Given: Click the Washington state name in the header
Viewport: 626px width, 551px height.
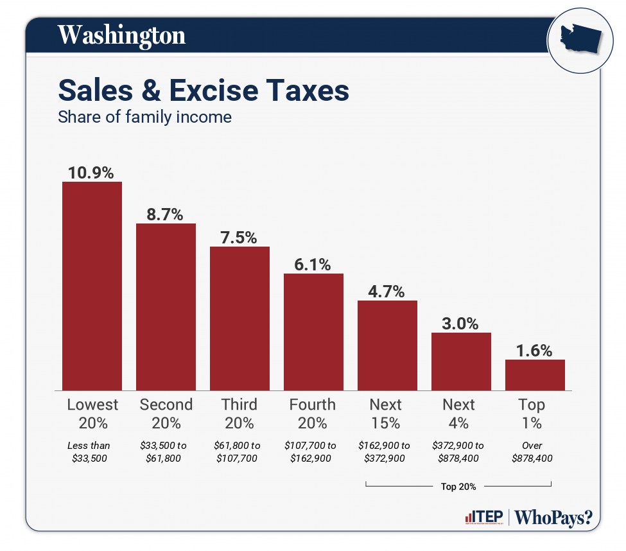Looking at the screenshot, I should (121, 35).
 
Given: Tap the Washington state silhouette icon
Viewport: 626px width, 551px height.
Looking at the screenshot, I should (579, 40).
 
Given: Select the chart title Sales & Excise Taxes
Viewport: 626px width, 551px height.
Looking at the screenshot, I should (204, 91).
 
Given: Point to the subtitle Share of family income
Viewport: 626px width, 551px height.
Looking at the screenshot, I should (144, 118).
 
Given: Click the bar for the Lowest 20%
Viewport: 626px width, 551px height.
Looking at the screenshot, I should (92, 286).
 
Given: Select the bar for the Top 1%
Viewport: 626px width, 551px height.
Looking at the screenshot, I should (535, 374).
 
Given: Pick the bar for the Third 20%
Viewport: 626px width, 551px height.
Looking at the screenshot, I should (239, 318).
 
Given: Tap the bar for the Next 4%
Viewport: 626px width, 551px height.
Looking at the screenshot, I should (461, 361).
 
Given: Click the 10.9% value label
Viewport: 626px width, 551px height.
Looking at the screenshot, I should (92, 172).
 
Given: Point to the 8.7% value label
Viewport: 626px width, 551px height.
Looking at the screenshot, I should (166, 214).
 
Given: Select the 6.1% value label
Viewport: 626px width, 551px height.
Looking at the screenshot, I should (313, 264).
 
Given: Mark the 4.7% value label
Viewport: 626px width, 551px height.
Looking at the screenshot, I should (387, 291).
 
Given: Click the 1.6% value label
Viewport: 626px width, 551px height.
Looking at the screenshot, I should (535, 350).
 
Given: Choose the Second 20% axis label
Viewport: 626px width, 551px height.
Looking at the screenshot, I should (166, 414).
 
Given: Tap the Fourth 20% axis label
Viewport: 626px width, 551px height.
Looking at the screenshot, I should (313, 414).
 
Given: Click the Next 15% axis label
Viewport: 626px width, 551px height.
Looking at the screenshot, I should (386, 414).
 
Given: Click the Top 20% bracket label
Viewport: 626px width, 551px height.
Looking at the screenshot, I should (458, 486).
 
